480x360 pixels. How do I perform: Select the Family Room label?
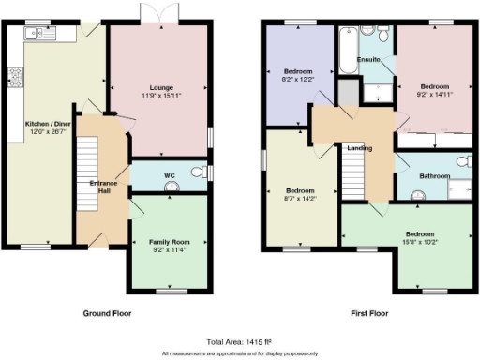pyautogui.click(x=168, y=242)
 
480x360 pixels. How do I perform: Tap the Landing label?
pyautogui.click(x=359, y=147)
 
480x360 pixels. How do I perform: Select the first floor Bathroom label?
pyautogui.click(x=434, y=175)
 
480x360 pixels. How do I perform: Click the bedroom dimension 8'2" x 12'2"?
pyautogui.click(x=300, y=80)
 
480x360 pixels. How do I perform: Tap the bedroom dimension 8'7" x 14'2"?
pyautogui.click(x=300, y=197)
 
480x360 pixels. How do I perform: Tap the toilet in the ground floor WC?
pyautogui.click(x=196, y=172)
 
